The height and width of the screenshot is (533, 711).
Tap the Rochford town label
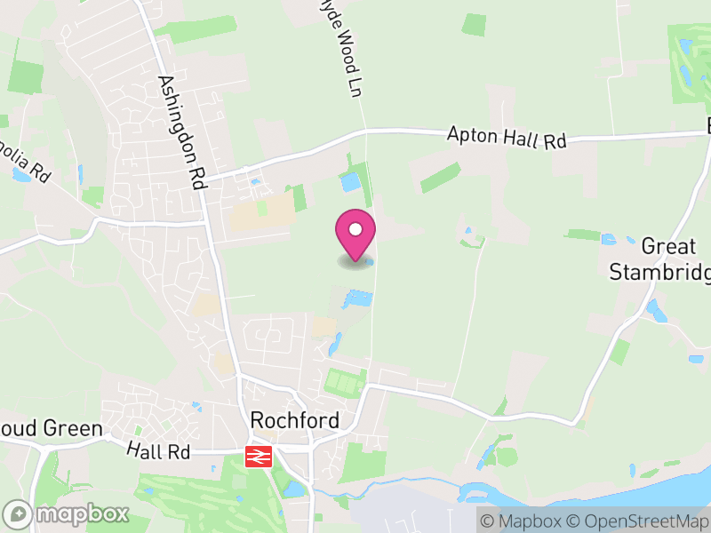pos(295,420)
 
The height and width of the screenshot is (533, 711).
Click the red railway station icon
pos(259,457)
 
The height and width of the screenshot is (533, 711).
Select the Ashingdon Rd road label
pos(180,132)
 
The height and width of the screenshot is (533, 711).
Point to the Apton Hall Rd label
pos(507,138)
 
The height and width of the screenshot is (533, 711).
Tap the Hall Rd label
pos(158,451)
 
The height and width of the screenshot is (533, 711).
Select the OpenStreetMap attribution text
pos(639,521)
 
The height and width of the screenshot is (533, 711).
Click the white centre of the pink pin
pos(355,230)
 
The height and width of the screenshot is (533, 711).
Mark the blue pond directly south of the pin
pos(357,298)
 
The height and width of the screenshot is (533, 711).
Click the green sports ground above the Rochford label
pos(344,383)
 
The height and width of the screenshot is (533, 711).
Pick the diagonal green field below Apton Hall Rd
pos(441,178)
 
